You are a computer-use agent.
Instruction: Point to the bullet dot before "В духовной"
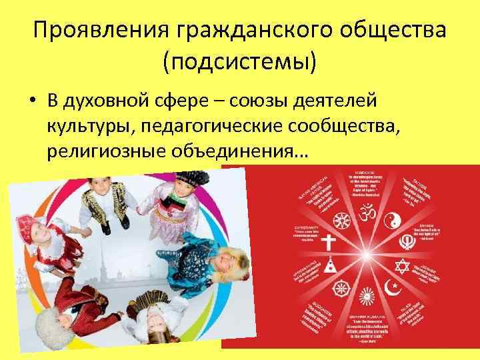[32, 102]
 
